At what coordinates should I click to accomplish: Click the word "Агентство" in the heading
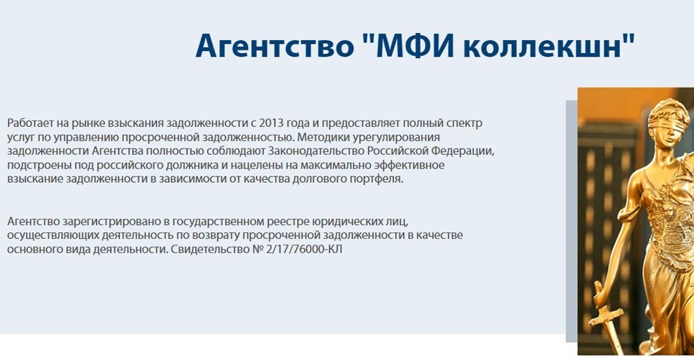pyautogui.click(x=275, y=45)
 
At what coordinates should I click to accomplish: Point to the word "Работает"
pyautogui.click(x=29, y=123)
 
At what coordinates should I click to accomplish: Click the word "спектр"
pyautogui.click(x=465, y=123)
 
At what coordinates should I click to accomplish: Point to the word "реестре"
pyautogui.click(x=287, y=222)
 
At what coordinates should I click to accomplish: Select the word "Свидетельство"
pyautogui.click(x=211, y=250)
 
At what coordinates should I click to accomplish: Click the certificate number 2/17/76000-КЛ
pyautogui.click(x=305, y=250)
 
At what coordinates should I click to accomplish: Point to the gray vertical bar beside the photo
pyautogui.click(x=571, y=222)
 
